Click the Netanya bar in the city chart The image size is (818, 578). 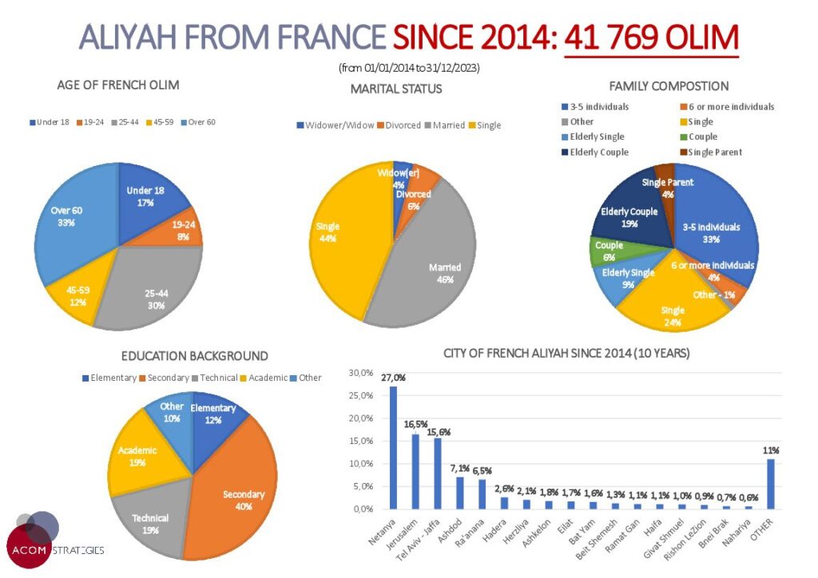393,447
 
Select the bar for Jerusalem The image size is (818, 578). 415,471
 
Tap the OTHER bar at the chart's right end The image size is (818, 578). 770,483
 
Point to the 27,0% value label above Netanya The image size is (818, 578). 393,378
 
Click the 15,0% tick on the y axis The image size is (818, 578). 361,441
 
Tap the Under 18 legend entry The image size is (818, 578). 50,122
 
